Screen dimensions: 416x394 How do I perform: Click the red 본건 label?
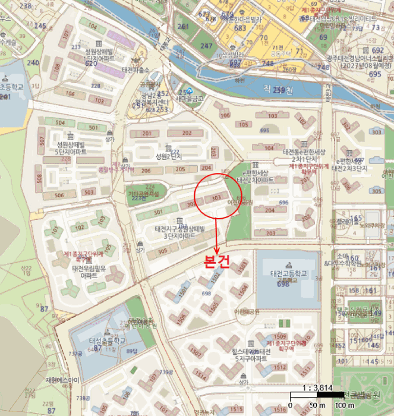pyautogui.click(x=216, y=263)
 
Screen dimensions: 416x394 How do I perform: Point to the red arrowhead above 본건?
pyautogui.click(x=218, y=251)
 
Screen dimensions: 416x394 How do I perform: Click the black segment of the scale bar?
pyautogui.click(x=303, y=396)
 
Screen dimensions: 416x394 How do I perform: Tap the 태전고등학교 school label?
pyautogui.click(x=289, y=273)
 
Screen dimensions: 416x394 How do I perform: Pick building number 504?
pyautogui.click(x=60, y=122)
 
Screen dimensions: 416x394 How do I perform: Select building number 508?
pyautogui.click(x=39, y=178)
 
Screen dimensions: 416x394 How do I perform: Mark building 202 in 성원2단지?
pyautogui.click(x=187, y=133)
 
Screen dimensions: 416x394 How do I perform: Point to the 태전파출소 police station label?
pyautogui.click(x=135, y=70)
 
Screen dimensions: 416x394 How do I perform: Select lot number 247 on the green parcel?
pyautogui.click(x=206, y=46)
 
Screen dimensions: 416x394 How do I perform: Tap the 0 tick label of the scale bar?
pyautogui.click(x=291, y=405)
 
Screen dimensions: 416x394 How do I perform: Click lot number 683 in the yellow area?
pyautogui.click(x=240, y=28)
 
